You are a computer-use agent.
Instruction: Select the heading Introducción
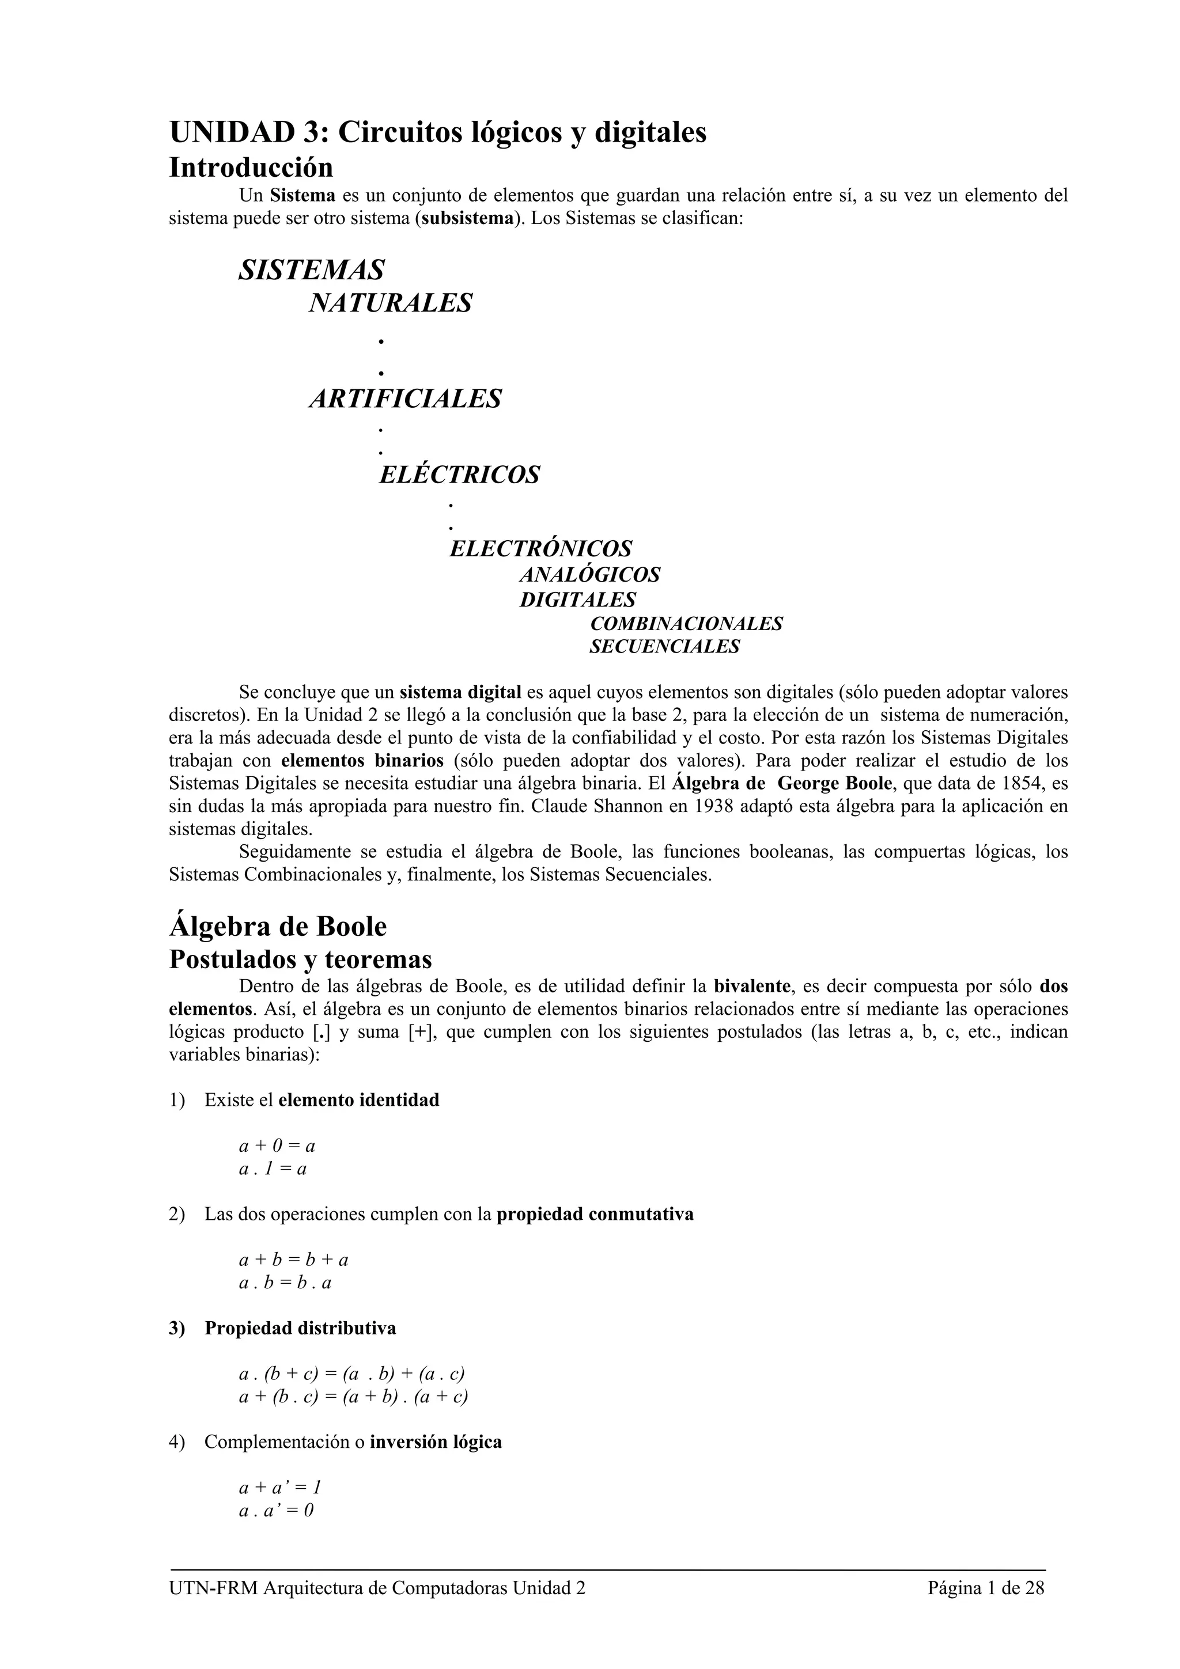pyautogui.click(x=251, y=168)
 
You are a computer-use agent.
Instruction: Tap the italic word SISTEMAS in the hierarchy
pyautogui.click(x=311, y=271)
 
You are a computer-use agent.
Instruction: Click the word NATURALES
pyautogui.click(x=391, y=303)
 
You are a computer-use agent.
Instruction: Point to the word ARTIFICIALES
pyautogui.click(x=405, y=399)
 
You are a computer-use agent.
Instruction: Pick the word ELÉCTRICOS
pyautogui.click(x=459, y=475)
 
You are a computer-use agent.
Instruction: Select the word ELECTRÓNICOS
pyautogui.click(x=540, y=548)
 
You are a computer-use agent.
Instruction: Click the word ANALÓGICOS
pyautogui.click(x=589, y=575)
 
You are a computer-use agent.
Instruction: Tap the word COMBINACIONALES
pyautogui.click(x=686, y=624)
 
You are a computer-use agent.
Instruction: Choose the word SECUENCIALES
pyautogui.click(x=664, y=646)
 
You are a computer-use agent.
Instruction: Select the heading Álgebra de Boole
pyautogui.click(x=278, y=927)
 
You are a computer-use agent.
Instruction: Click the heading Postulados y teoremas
pyautogui.click(x=300, y=959)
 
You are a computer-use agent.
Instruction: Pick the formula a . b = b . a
pyautogui.click(x=285, y=1283)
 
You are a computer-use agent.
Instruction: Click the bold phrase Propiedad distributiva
pyautogui.click(x=300, y=1328)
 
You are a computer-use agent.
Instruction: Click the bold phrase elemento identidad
pyautogui.click(x=359, y=1100)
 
